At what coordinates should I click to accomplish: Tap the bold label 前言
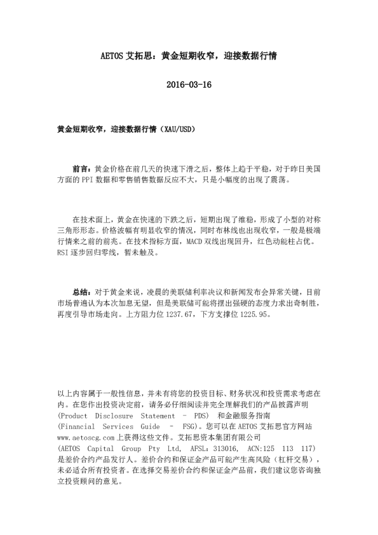81,170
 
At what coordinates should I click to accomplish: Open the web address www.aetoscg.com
86,438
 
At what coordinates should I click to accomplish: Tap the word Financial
76,427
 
